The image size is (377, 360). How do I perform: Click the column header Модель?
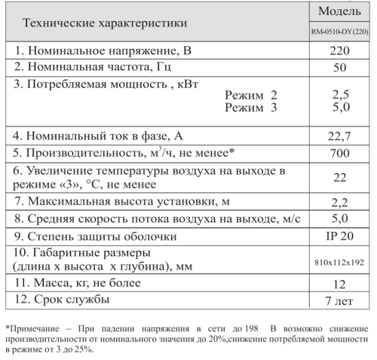(x=339, y=11)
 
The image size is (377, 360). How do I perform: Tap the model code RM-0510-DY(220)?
(x=339, y=32)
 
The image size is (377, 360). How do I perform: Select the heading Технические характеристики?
(x=106, y=23)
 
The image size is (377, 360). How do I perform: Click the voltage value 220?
(x=339, y=51)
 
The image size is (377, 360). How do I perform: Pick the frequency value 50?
(x=339, y=68)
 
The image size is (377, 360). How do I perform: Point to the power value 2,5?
(x=339, y=96)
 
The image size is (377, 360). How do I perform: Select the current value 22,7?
(x=339, y=136)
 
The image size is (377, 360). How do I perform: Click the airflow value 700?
(x=339, y=153)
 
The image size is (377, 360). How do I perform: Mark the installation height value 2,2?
(x=339, y=202)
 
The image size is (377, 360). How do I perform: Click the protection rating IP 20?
(x=339, y=235)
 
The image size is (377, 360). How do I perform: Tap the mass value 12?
(x=339, y=284)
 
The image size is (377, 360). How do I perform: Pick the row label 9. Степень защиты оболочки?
(x=95, y=236)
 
